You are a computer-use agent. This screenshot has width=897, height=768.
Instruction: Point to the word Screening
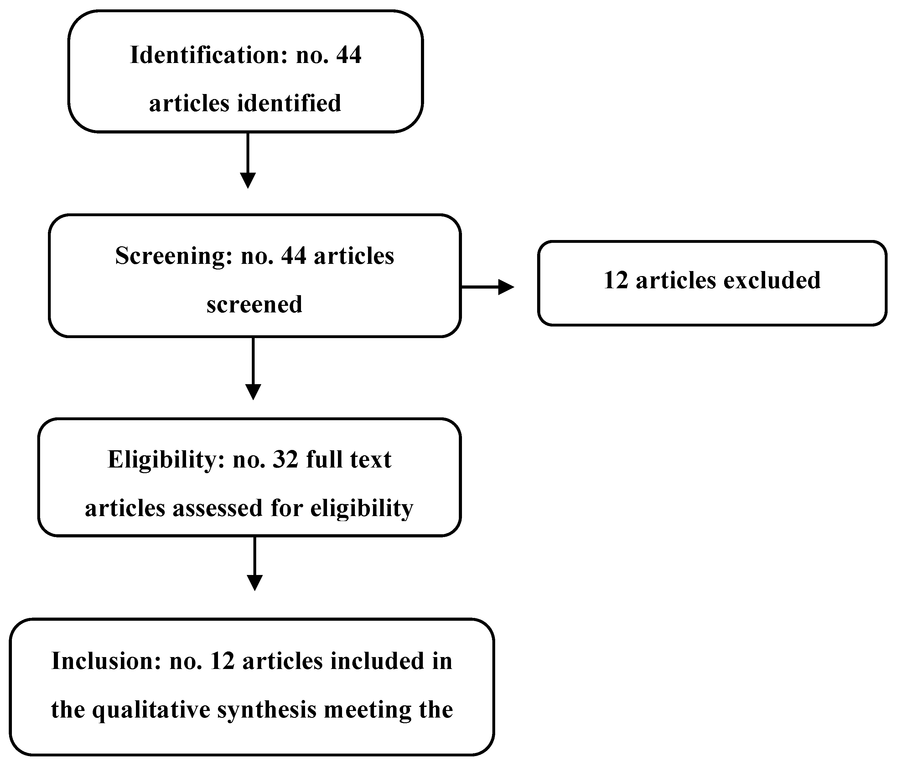[x=174, y=256]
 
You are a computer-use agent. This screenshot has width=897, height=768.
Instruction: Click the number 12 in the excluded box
[x=616, y=280]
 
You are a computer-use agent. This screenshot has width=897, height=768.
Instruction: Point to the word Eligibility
[x=166, y=460]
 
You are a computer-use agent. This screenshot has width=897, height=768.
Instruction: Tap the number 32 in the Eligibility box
[x=285, y=460]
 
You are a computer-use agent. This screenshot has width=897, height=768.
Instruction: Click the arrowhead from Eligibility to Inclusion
[x=255, y=582]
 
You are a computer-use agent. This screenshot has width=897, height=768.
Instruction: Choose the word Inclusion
[x=106, y=661]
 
